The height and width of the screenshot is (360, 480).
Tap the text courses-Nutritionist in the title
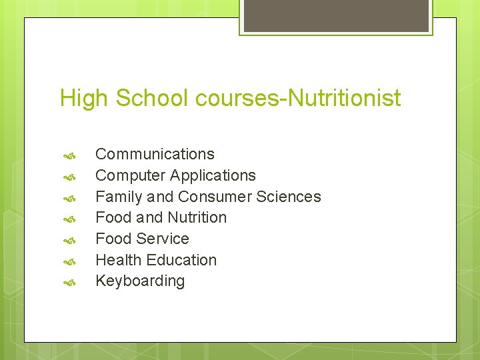299,99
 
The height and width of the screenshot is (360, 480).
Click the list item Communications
155,154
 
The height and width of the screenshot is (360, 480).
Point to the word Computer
130,175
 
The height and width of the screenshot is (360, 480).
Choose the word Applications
213,175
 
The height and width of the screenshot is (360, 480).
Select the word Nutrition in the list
197,217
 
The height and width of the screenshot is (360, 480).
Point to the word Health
118,260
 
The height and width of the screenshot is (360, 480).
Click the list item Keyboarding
140,281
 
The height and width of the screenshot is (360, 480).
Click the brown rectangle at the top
336,15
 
